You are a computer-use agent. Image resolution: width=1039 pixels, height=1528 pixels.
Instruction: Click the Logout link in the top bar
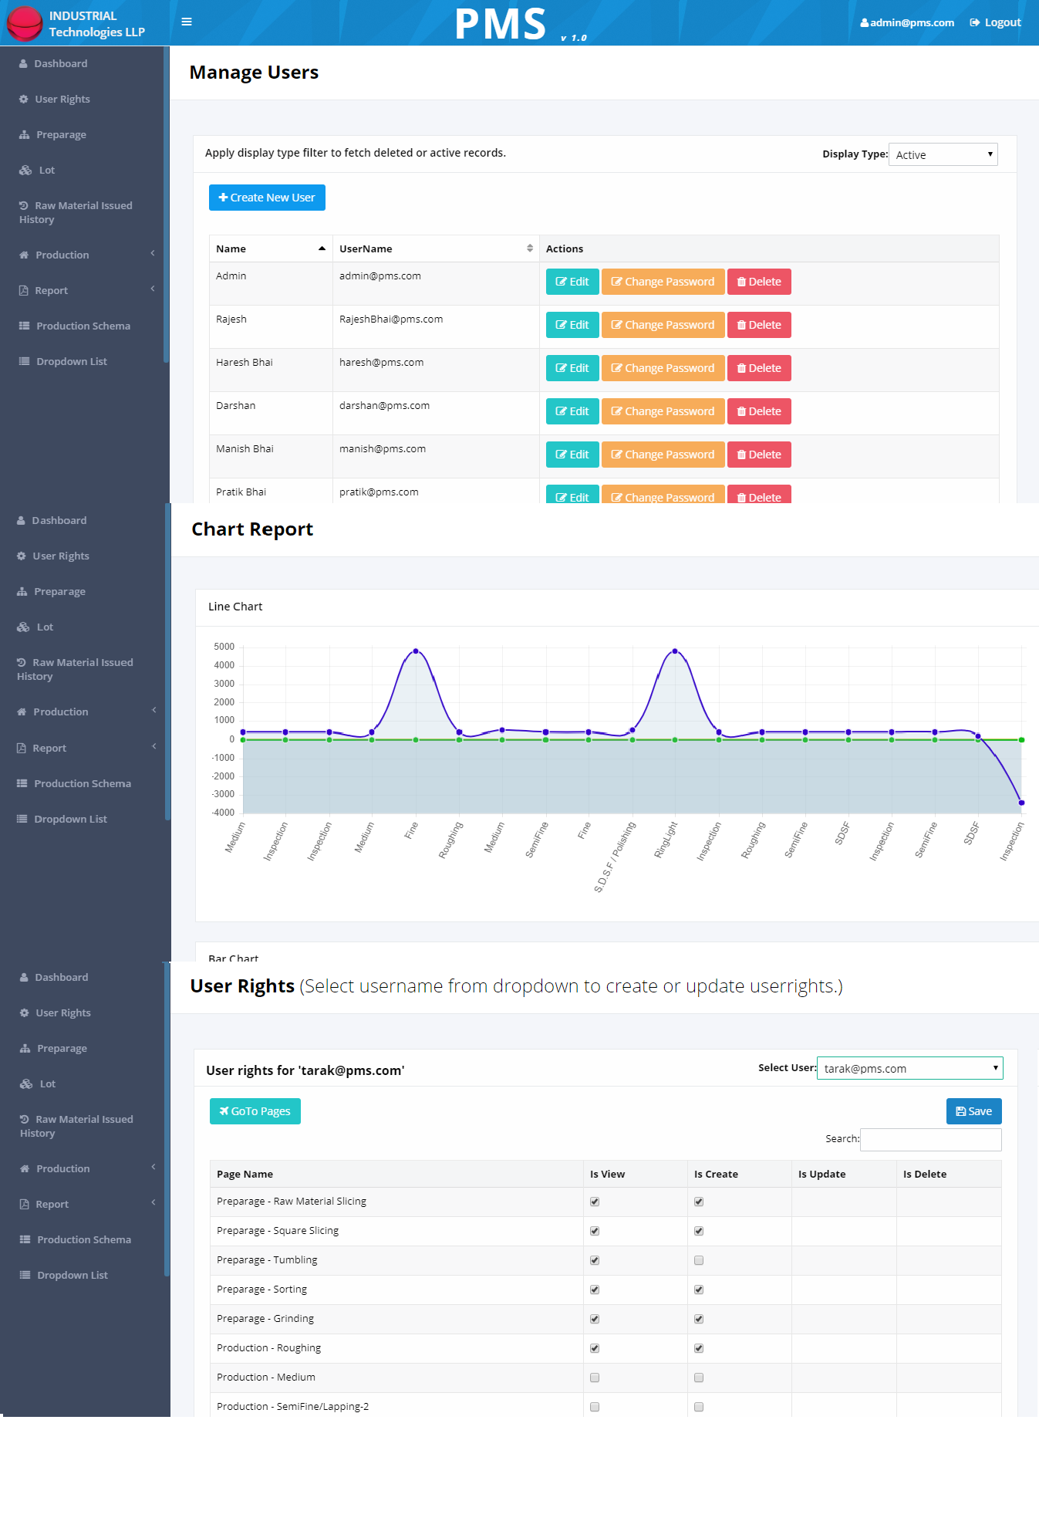(995, 22)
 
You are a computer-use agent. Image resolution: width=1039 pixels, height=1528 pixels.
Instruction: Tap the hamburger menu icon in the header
(187, 22)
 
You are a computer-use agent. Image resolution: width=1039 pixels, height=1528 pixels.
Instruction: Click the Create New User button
(267, 198)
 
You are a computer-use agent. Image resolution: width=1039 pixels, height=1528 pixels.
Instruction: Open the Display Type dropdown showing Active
(943, 154)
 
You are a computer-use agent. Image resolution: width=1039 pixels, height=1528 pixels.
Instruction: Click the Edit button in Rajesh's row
(572, 325)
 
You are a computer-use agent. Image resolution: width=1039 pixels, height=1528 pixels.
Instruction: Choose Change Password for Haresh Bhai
(663, 368)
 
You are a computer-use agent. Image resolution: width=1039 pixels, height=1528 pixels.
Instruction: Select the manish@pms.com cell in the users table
(383, 448)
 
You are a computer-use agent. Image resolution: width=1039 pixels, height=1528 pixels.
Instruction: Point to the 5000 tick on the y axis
(224, 647)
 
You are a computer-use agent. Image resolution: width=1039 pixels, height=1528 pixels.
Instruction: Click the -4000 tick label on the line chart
(224, 813)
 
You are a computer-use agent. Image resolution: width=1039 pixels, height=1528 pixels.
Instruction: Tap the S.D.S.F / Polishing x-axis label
(615, 857)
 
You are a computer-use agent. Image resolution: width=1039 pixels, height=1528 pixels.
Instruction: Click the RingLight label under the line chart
(666, 840)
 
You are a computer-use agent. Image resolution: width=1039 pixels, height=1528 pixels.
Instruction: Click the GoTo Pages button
(255, 1111)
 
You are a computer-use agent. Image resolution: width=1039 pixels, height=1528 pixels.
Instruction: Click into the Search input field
(931, 1139)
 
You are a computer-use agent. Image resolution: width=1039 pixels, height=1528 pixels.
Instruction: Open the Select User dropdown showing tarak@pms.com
(910, 1068)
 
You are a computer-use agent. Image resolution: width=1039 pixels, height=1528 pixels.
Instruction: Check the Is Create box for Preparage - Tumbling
(699, 1260)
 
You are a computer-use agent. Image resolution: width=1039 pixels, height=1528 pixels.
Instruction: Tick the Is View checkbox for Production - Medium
(595, 1378)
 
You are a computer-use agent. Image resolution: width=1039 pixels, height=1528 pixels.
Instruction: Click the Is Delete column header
(925, 1174)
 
